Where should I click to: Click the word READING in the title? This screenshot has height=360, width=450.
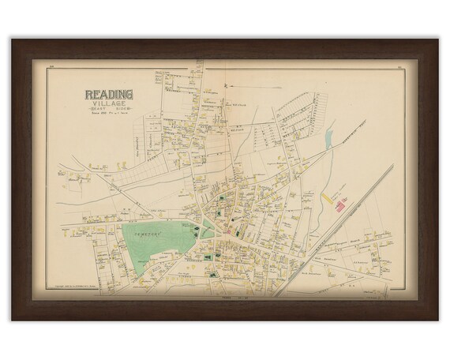pyautogui.click(x=108, y=94)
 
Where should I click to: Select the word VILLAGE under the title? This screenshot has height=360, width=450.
pyautogui.click(x=108, y=103)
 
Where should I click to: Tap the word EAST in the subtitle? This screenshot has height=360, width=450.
pyautogui.click(x=99, y=111)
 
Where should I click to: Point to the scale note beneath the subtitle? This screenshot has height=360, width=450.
pyautogui.click(x=108, y=116)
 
